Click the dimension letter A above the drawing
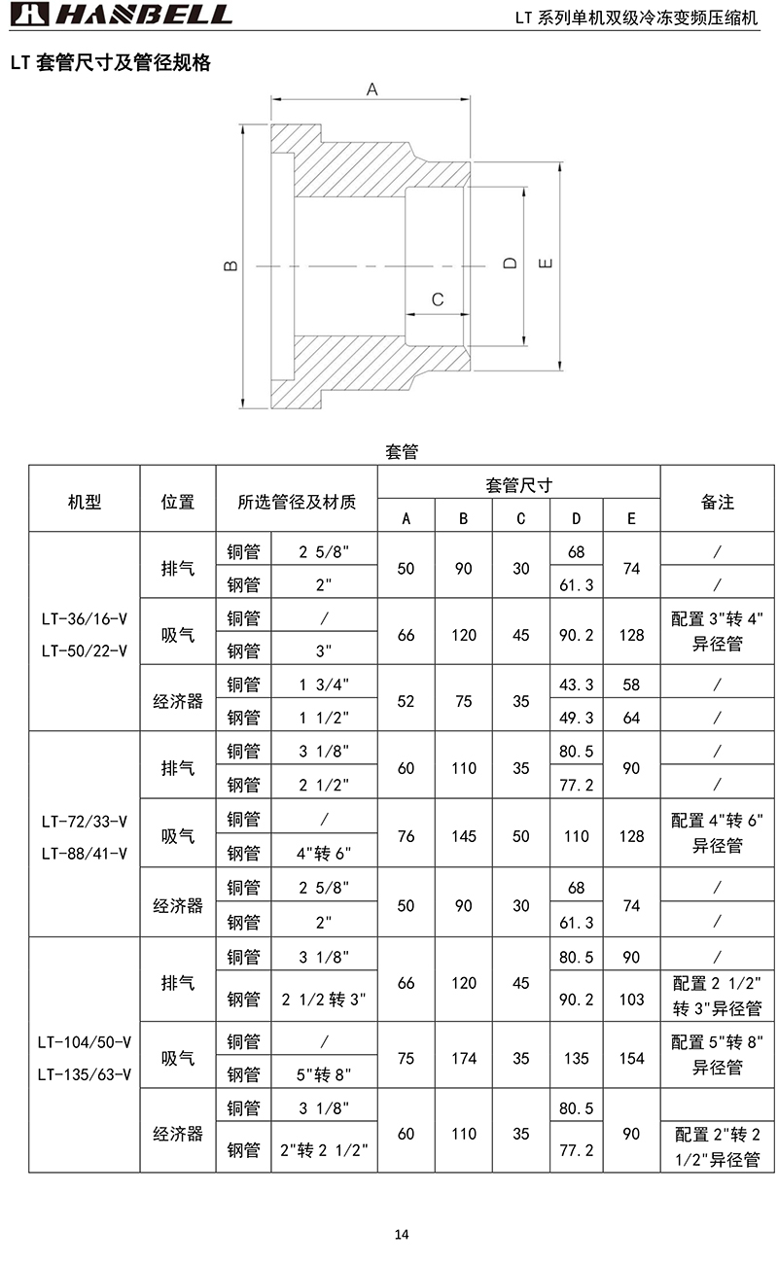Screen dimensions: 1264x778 pyautogui.click(x=371, y=89)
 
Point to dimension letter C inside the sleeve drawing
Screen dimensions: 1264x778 pyautogui.click(x=438, y=298)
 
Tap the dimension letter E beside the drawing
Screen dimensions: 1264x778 pyautogui.click(x=546, y=263)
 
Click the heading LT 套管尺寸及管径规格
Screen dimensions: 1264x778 pyautogui.click(x=110, y=63)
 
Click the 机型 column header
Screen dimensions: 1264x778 pyautogui.click(x=85, y=502)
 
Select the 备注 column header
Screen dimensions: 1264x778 pyautogui.click(x=718, y=502)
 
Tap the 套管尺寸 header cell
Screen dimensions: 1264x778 pyautogui.click(x=519, y=484)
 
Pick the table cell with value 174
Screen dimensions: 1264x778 pyautogui.click(x=464, y=1058)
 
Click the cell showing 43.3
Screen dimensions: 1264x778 pyautogui.click(x=577, y=685)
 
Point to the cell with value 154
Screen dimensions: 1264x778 pyautogui.click(x=632, y=1058)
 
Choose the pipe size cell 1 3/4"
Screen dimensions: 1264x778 pyautogui.click(x=324, y=685)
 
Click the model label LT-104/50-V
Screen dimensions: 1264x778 pyautogui.click(x=85, y=1042)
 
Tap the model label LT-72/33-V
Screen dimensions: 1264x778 pyautogui.click(x=85, y=821)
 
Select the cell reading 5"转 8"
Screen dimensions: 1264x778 pyautogui.click(x=324, y=1074)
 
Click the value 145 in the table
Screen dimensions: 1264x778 pyautogui.click(x=464, y=836)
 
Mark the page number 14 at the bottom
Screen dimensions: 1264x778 pyautogui.click(x=402, y=1235)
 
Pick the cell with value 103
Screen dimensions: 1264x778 pyautogui.click(x=632, y=999)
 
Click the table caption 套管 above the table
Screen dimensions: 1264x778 pyautogui.click(x=402, y=452)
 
